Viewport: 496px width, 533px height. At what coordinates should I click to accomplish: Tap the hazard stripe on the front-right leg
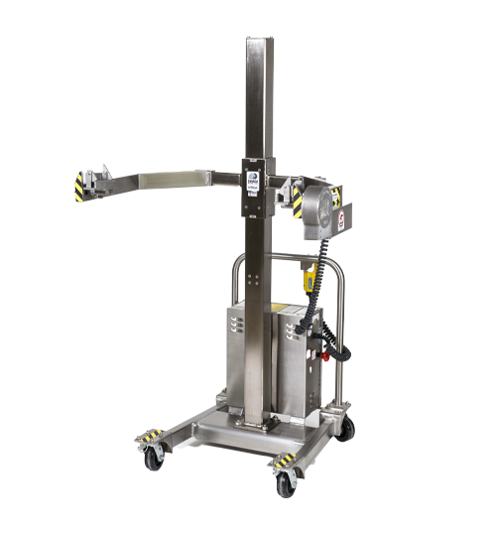pos(286,460)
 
